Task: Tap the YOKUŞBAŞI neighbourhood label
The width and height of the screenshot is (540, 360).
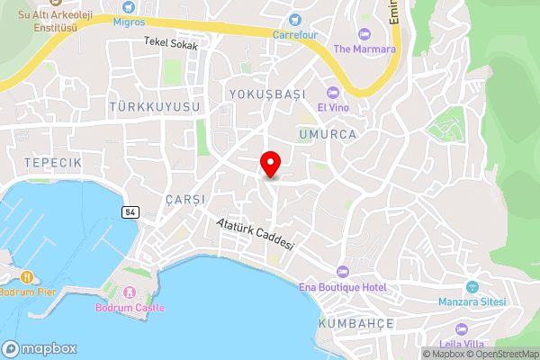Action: pyautogui.click(x=267, y=94)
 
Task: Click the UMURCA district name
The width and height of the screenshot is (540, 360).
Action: pyautogui.click(x=328, y=133)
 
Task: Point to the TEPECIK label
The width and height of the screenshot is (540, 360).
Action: pyautogui.click(x=54, y=161)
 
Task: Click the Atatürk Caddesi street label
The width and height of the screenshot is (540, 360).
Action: pyautogui.click(x=256, y=234)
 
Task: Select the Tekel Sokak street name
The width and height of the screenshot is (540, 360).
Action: pyautogui.click(x=170, y=42)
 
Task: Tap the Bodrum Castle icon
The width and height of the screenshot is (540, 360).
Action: pyautogui.click(x=130, y=292)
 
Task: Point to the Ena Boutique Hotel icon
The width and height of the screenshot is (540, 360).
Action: pyautogui.click(x=342, y=272)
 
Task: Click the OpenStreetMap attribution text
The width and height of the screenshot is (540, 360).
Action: pyautogui.click(x=500, y=354)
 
